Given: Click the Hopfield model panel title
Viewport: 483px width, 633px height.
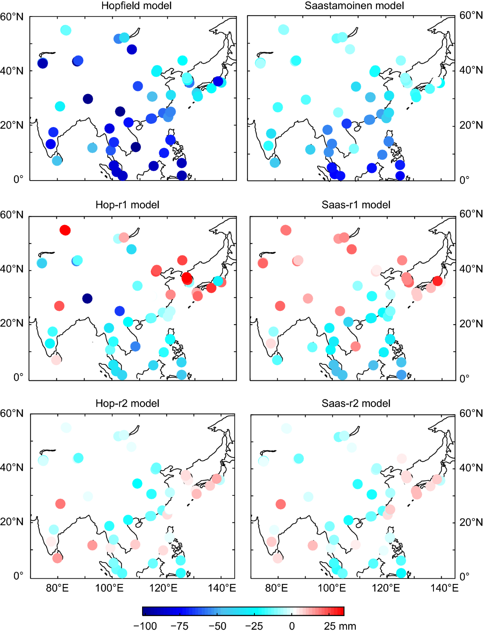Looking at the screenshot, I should [136, 6].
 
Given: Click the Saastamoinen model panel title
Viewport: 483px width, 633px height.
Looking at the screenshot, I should [354, 6].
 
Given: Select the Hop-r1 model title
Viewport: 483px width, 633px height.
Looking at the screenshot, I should [127, 205].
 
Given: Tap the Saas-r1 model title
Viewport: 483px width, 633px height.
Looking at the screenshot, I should [356, 205].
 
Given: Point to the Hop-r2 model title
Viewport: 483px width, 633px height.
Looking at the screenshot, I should [127, 403].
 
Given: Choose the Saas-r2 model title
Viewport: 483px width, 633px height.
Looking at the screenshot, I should [356, 403].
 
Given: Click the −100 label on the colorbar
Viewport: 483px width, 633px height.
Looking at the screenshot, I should [145, 626].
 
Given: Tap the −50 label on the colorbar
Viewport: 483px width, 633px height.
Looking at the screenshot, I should [217, 626].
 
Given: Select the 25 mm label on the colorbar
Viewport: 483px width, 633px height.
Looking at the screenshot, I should [340, 626].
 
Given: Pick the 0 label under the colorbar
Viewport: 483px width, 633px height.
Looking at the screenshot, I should [292, 626].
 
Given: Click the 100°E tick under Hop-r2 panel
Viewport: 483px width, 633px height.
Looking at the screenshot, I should [109, 588].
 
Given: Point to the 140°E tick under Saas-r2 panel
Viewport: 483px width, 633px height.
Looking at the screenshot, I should [444, 588].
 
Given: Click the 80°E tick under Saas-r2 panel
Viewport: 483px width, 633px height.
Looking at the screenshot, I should [277, 588].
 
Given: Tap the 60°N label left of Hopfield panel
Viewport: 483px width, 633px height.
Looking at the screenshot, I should [12, 17].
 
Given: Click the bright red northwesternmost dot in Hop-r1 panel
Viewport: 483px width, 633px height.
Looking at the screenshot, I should [65, 230].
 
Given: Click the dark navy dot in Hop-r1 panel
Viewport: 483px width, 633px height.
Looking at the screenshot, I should [87, 298].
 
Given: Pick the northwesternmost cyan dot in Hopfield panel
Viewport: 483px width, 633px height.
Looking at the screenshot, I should [66, 30].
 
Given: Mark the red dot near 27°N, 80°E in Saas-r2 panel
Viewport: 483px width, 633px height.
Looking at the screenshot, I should [281, 504].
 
